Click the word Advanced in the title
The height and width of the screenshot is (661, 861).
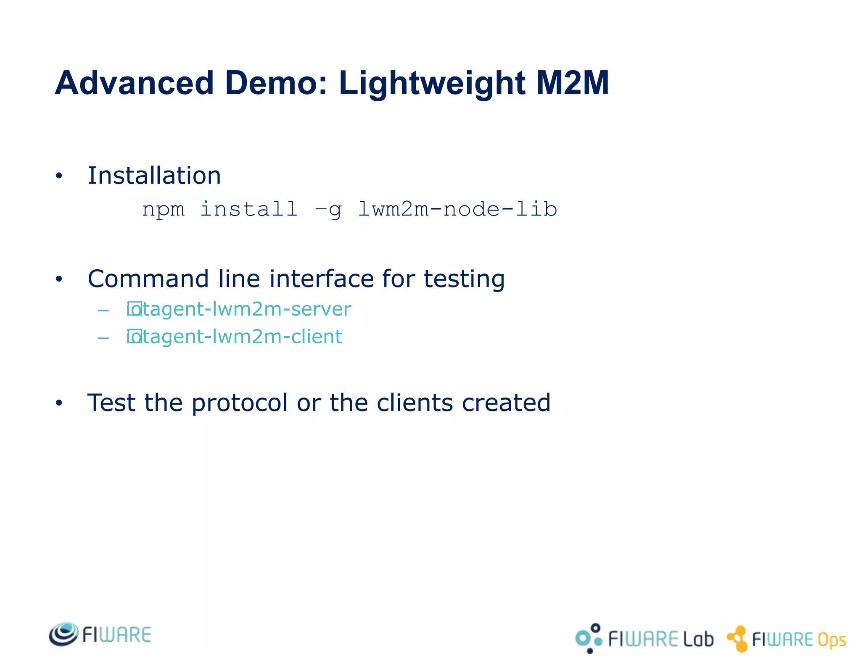(135, 83)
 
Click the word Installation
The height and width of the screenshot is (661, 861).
(154, 176)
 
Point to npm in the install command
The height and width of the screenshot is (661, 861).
(163, 209)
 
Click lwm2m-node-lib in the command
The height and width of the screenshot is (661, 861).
(457, 209)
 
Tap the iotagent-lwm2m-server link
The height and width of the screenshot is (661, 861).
(239, 310)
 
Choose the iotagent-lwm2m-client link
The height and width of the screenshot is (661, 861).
(235, 337)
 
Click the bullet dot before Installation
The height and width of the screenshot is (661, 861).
(59, 176)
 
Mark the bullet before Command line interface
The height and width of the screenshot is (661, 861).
(59, 279)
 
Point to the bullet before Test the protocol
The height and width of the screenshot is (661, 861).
(59, 403)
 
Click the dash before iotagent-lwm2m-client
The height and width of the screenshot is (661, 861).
(103, 338)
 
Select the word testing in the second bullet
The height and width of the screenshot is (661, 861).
(464, 279)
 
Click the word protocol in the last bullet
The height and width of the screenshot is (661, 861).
(240, 403)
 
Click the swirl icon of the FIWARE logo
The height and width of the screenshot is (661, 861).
(63, 634)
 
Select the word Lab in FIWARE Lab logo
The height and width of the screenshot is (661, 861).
(698, 639)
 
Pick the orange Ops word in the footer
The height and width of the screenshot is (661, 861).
(831, 640)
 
